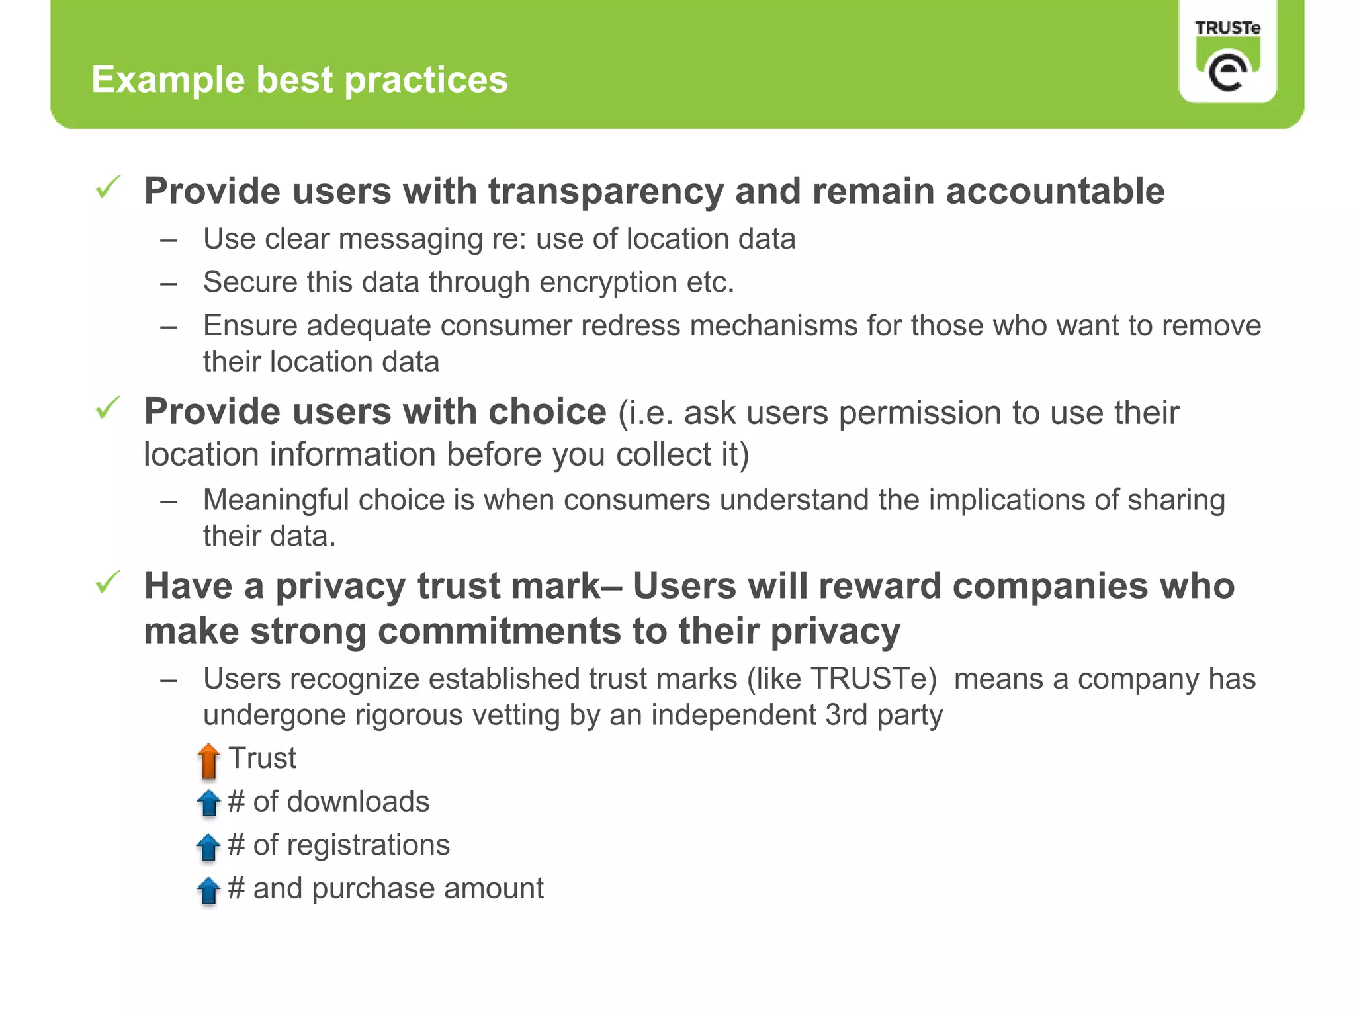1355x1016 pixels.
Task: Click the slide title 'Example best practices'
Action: (x=299, y=79)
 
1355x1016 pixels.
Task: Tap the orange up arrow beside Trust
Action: (x=208, y=761)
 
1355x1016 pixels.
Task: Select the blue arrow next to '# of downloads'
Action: (x=208, y=803)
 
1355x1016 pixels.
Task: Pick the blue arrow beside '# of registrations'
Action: (x=208, y=847)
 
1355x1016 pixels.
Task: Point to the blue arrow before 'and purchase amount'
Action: (x=208, y=890)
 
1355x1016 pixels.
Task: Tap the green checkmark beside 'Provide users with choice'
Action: (x=108, y=407)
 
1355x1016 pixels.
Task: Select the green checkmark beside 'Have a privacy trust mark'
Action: (x=108, y=582)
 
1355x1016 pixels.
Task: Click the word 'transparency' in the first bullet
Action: (x=605, y=192)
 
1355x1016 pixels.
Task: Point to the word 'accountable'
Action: (x=1055, y=191)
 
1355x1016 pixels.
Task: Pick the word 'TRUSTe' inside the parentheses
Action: (x=873, y=679)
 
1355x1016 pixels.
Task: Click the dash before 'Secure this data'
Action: (x=169, y=284)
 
